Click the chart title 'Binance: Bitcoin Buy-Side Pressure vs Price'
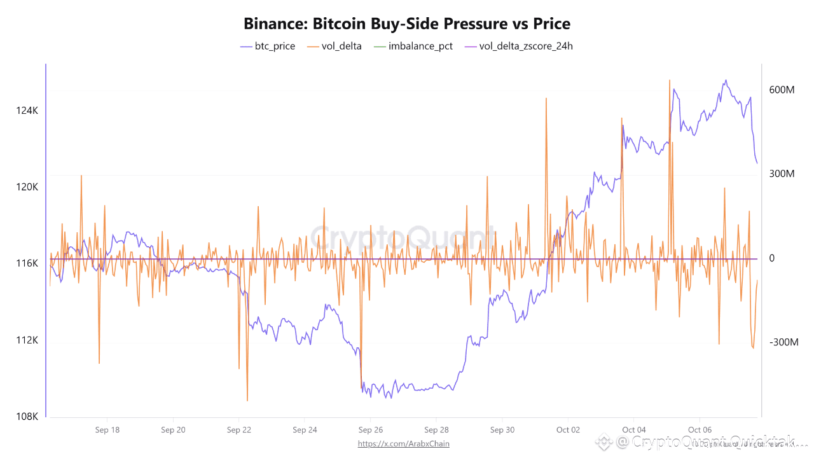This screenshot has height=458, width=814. tap(407, 24)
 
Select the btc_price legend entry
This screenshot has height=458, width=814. tap(267, 46)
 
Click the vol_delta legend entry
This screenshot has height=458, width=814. tap(334, 46)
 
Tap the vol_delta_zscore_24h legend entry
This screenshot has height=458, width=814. tap(519, 46)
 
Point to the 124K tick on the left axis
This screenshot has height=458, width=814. tap(27, 111)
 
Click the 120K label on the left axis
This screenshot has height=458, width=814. tap(27, 187)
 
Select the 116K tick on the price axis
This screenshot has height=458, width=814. tap(27, 263)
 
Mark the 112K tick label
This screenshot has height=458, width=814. tap(27, 340)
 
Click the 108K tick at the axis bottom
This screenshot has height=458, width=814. tap(27, 417)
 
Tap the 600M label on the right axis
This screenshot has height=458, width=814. tap(782, 90)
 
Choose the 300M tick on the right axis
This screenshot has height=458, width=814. tap(782, 174)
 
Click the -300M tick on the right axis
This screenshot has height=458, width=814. tap(783, 342)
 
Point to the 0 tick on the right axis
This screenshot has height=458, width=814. tap(771, 258)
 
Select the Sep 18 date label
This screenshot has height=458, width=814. tap(107, 430)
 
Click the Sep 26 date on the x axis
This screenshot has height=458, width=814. tap(370, 430)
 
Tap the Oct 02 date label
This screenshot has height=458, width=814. tap(568, 430)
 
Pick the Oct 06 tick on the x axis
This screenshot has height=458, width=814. tap(700, 430)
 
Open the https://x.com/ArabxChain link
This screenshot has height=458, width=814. tap(403, 443)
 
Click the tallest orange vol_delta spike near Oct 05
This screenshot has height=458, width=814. tap(670, 81)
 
